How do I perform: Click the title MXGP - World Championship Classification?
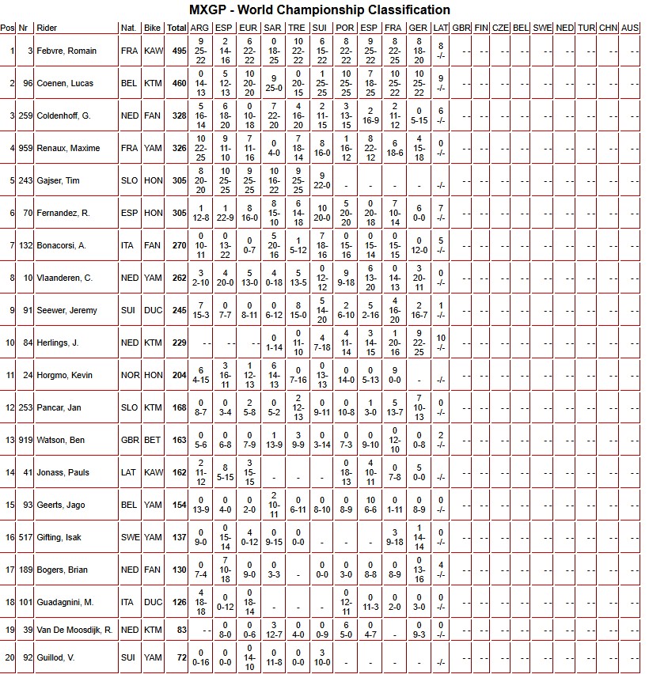320,10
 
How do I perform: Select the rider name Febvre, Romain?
66,51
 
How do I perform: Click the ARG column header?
200,28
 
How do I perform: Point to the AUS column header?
630,28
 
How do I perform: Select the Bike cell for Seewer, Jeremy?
153,310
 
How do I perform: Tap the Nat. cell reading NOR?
129,375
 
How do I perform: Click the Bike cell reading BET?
153,440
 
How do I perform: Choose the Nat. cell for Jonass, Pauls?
129,472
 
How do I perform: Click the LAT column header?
441,28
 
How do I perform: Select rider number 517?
25,537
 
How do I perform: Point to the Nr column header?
25,28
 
